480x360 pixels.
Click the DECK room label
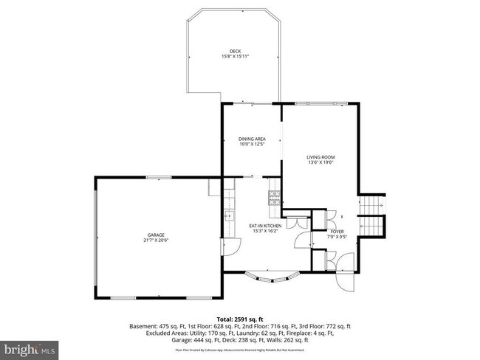(x=235, y=51)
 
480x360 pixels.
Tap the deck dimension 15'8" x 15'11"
(x=235, y=57)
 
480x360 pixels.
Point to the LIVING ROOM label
(x=321, y=157)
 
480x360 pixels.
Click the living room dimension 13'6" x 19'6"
(x=321, y=163)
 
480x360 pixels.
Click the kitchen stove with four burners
(x=275, y=196)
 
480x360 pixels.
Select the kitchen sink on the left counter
(x=228, y=216)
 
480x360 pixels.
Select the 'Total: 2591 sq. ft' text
(x=241, y=316)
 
